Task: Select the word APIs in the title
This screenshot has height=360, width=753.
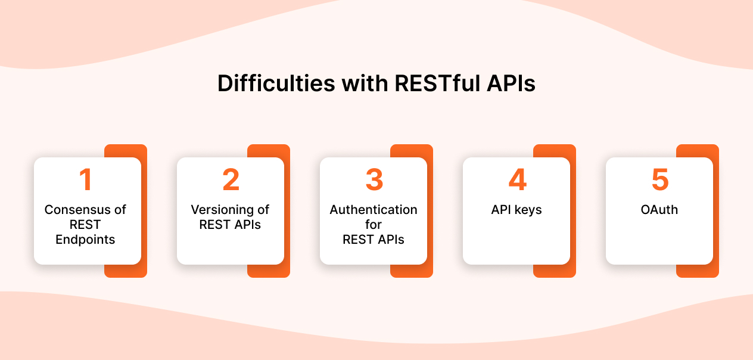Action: tap(510, 83)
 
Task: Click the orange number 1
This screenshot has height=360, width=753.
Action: tap(86, 181)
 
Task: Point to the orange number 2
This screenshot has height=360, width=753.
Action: tap(231, 181)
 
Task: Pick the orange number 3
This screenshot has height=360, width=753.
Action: tap(374, 181)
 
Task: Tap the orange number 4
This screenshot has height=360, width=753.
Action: tap(516, 181)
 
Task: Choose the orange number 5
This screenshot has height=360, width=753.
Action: tap(659, 181)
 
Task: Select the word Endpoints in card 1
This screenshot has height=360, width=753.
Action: tap(86, 240)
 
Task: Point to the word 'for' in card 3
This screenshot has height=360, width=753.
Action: tap(374, 225)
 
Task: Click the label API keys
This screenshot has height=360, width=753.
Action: tap(516, 210)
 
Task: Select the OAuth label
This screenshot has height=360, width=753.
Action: tap(659, 210)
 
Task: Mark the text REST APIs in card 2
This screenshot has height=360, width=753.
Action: tap(230, 225)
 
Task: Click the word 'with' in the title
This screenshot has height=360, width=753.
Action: tap(366, 83)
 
